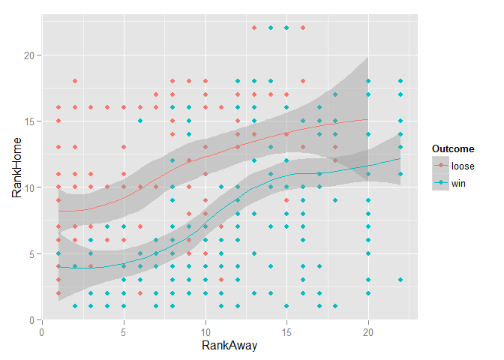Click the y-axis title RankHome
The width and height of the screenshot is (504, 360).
[16, 172]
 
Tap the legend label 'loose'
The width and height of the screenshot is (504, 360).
[463, 165]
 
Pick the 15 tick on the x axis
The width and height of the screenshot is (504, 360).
[286, 330]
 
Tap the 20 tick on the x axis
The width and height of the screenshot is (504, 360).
[368, 330]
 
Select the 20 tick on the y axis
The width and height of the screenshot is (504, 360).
[27, 55]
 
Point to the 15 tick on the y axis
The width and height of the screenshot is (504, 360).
[27, 121]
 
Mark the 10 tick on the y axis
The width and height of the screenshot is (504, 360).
[27, 187]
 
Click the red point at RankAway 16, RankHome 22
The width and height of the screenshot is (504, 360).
[303, 28]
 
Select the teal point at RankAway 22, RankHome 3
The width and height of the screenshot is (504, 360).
[400, 280]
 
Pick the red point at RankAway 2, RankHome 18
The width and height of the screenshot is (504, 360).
[75, 81]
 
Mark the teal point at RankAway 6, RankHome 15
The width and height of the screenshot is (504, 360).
[140, 121]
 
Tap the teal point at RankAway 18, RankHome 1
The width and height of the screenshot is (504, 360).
[335, 306]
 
